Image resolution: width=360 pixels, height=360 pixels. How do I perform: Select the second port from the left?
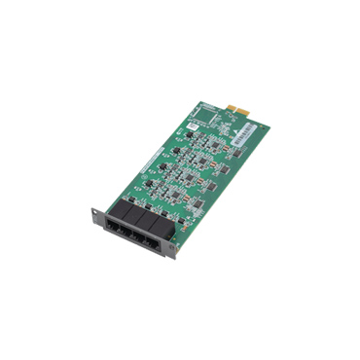(132, 234)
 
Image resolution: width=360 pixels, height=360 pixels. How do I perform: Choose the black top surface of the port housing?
(138, 216)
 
